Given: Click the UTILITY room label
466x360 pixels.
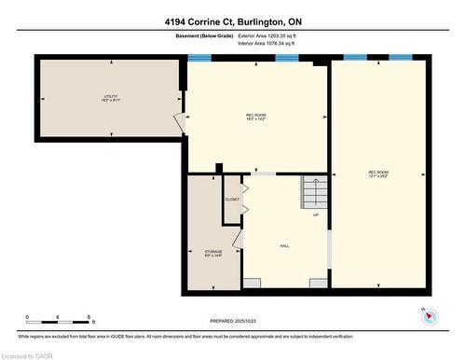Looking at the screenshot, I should (111, 98).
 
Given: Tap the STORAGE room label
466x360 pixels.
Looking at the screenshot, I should (213, 254).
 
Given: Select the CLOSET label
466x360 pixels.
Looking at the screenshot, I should (232, 200).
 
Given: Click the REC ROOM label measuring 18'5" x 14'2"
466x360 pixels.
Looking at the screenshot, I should (256, 117).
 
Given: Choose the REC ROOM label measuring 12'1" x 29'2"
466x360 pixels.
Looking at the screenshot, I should (377, 173).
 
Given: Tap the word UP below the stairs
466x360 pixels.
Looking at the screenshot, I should (316, 215).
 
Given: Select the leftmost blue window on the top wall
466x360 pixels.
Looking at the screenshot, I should (199, 58).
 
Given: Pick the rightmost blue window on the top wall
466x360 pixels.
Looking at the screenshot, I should (401, 58).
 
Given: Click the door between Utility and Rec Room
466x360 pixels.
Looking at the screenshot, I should (180, 121).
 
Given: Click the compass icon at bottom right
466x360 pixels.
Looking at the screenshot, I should (429, 317).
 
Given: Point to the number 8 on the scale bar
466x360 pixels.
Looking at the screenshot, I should (89, 317).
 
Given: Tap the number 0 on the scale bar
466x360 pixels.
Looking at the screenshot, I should (27, 317).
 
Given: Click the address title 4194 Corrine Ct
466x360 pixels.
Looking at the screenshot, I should (232, 21).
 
